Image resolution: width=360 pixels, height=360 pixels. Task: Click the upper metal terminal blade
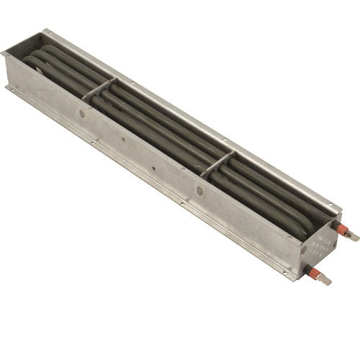click(353, 235)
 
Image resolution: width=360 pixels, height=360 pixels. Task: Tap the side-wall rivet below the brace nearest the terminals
click(199, 191)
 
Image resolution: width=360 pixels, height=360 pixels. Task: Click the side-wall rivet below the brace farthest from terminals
click(82, 114)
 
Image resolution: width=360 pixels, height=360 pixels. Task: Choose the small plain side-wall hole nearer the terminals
click(154, 171)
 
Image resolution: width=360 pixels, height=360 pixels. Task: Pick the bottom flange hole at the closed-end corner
click(9, 89)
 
